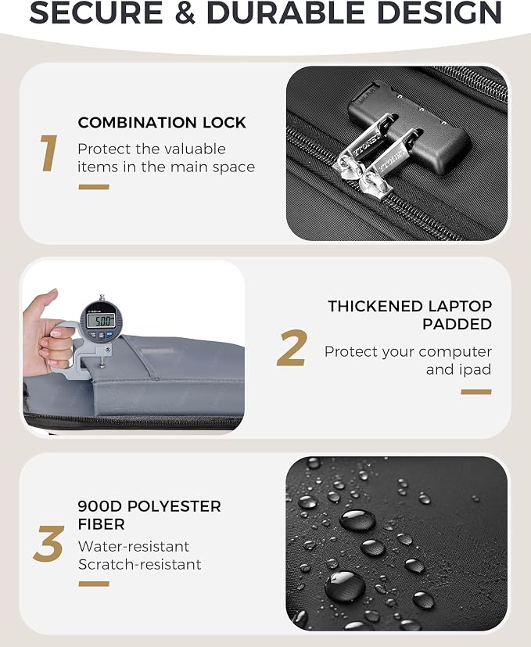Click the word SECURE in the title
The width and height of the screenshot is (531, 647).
tap(96, 13)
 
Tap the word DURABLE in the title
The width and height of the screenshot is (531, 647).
tap(285, 13)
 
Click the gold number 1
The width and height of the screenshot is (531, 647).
tap(48, 153)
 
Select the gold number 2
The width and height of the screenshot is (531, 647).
tap(292, 348)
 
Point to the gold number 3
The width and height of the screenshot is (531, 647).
tap(48, 544)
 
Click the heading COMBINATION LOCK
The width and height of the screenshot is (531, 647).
tap(162, 123)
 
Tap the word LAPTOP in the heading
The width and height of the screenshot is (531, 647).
tap(460, 306)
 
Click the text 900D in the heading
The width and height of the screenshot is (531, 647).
tap(100, 506)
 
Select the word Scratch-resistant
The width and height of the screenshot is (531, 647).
tap(139, 564)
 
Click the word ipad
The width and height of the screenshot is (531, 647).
tap(475, 370)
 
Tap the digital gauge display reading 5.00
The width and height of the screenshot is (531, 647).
tap(100, 320)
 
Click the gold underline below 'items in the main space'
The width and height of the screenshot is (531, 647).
tap(94, 187)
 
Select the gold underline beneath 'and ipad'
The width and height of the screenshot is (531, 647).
tap(476, 392)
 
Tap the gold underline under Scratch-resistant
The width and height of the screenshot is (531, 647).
tap(94, 584)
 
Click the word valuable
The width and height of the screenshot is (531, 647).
tap(197, 149)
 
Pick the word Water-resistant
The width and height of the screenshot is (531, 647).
tap(134, 546)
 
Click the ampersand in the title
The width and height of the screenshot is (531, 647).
tap(185, 13)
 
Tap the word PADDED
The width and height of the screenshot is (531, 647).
tap(457, 325)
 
